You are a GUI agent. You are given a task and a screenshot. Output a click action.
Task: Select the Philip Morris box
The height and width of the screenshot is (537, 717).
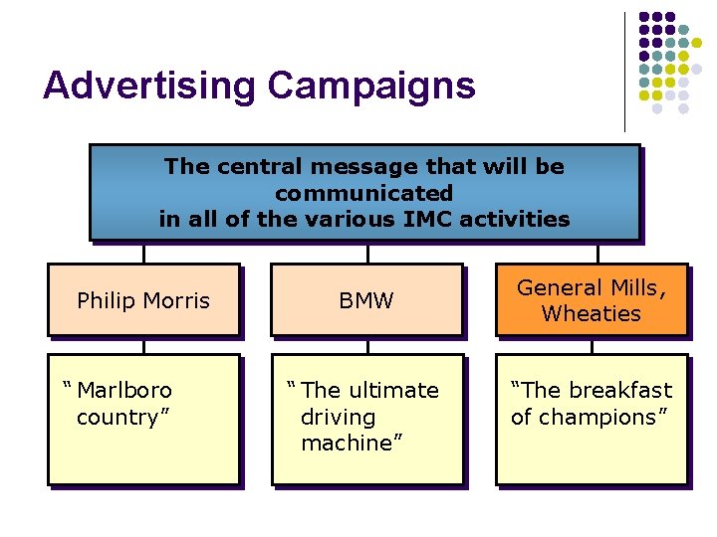pos(143,300)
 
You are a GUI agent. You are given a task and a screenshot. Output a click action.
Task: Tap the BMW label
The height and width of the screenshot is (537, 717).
pos(366,300)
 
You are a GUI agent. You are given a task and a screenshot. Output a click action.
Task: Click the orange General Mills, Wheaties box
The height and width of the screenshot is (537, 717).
pos(592,300)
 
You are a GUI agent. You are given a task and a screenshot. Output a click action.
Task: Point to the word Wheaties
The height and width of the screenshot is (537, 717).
pos(592,314)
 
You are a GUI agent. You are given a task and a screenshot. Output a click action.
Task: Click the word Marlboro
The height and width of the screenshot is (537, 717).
pos(124,390)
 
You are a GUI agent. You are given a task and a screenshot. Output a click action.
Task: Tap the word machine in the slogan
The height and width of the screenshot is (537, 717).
pos(347,444)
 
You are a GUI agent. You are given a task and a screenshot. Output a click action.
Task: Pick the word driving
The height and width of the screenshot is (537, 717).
pos(338,417)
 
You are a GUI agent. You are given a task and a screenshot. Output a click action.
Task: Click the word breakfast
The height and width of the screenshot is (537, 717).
pos(621,390)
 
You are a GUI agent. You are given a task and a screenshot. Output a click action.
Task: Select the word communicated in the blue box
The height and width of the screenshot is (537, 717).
pos(364,193)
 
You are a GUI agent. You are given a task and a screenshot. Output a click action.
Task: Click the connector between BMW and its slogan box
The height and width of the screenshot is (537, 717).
pos(367,345)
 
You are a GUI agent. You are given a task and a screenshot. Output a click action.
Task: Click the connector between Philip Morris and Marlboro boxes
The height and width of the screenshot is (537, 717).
pos(143,345)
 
